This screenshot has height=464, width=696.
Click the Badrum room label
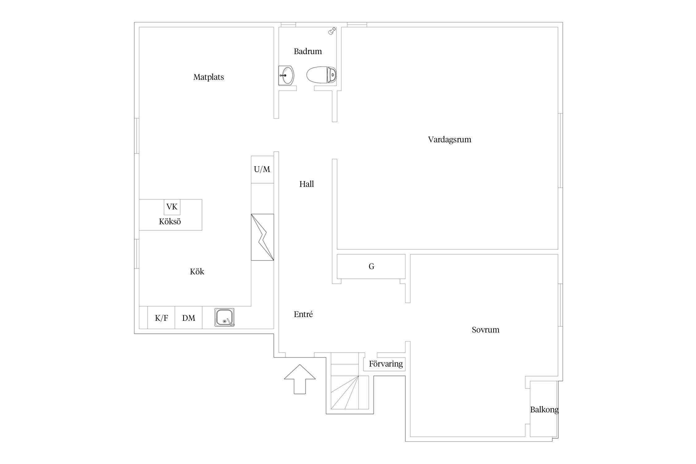308,51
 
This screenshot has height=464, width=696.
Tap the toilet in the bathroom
322,75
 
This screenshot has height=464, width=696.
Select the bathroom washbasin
286,75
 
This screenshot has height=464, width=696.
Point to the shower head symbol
332,31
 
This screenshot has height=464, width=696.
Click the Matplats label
208,77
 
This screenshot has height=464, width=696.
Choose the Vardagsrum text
449,140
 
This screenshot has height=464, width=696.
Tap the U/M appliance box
262,169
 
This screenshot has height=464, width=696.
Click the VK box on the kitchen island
172,207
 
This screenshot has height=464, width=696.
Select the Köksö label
170,221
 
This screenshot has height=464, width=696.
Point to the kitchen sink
224,317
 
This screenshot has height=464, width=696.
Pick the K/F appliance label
161,318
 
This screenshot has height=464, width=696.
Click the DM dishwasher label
189,318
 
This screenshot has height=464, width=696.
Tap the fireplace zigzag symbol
262,237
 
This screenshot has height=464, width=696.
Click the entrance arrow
300,379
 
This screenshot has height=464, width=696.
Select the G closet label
372,266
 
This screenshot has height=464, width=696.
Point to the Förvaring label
386,364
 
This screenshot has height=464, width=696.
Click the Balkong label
544,410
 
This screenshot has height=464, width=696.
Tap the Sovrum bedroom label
485,330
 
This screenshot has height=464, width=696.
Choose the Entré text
303,314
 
